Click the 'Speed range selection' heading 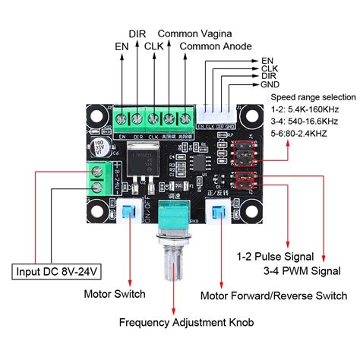[312, 97]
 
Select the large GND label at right [269, 85]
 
